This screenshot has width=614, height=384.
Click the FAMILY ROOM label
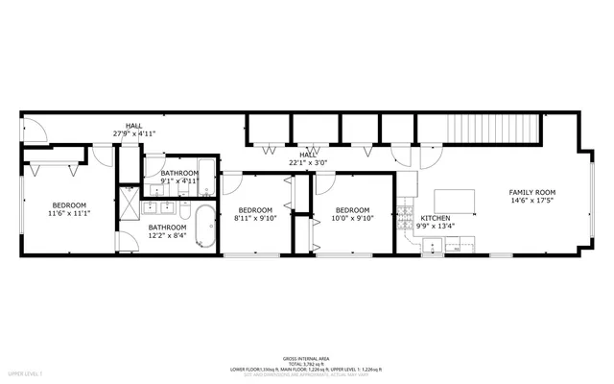(531, 192)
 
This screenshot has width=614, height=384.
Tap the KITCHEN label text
(436, 218)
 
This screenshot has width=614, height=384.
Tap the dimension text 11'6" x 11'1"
(69, 213)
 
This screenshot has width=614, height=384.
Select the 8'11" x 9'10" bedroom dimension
(255, 218)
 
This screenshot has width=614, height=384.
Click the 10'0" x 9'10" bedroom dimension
(352, 218)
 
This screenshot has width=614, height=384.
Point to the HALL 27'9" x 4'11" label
(133, 134)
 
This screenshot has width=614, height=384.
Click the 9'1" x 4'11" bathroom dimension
(179, 180)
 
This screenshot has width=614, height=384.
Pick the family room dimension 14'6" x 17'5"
(531, 201)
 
